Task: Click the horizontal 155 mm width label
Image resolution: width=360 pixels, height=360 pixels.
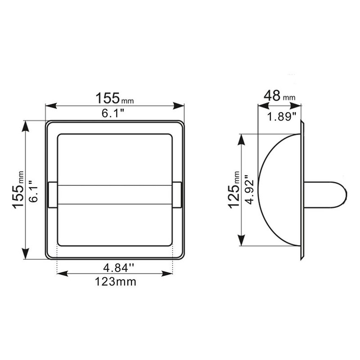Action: [x=114, y=98]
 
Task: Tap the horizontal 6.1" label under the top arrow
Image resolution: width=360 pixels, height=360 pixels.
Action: [x=113, y=113]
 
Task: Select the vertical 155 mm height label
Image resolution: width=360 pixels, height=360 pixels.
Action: [x=18, y=189]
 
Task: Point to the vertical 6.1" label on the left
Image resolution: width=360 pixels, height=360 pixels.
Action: [x=33, y=191]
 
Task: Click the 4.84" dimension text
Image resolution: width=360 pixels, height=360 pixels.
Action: [x=118, y=268]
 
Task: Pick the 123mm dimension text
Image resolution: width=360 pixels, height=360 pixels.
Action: [x=116, y=282]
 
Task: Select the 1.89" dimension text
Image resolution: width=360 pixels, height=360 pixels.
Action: [x=282, y=117]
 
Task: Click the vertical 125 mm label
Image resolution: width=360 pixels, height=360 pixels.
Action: [x=234, y=190]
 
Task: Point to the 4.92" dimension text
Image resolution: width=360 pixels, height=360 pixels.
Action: [x=249, y=189]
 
